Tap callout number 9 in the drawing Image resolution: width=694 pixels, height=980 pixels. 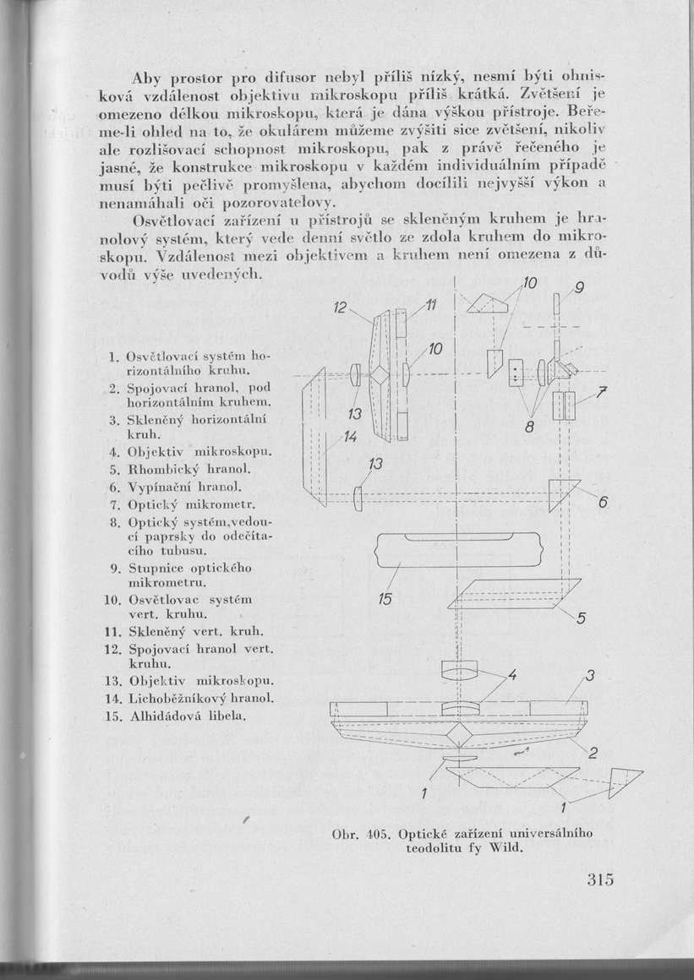(578, 288)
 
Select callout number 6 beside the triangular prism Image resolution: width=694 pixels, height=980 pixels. (604, 503)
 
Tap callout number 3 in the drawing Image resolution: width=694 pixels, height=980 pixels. (591, 675)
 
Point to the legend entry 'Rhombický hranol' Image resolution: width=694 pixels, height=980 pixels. (177, 468)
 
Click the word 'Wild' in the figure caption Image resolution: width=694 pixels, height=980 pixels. (500, 849)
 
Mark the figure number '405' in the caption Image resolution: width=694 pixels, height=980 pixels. (377, 835)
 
